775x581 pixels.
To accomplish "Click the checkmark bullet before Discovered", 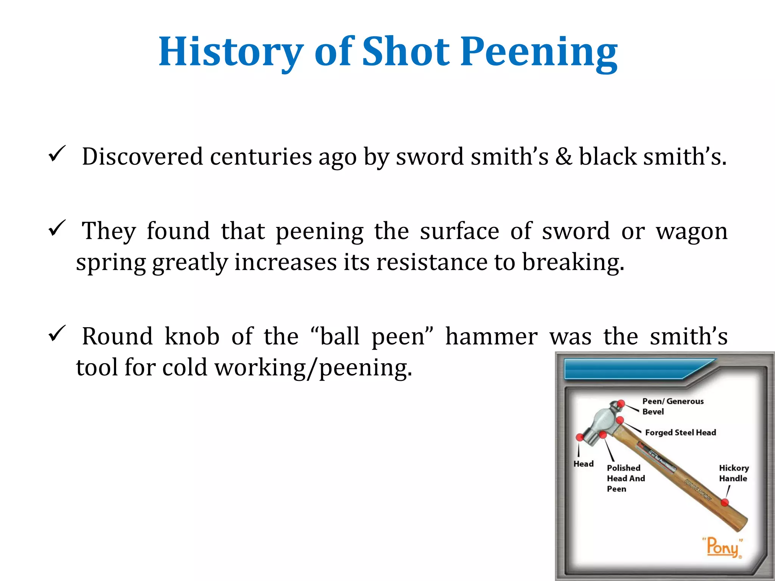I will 57,154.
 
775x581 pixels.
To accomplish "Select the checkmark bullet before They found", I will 57,228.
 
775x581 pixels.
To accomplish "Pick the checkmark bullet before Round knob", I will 57,334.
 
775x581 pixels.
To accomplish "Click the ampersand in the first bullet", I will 563,156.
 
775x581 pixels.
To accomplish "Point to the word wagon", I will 692,231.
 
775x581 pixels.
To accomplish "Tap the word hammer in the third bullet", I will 491,336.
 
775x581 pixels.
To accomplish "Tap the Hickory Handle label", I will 734,473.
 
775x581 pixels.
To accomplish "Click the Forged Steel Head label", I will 680,432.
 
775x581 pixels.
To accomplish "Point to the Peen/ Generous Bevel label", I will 672,406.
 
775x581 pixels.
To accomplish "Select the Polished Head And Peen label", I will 626,478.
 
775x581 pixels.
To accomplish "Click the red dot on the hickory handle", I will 725,502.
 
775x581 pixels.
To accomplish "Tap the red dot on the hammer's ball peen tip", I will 621,404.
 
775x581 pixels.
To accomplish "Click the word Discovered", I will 143,156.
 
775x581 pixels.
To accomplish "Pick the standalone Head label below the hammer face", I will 583,464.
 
